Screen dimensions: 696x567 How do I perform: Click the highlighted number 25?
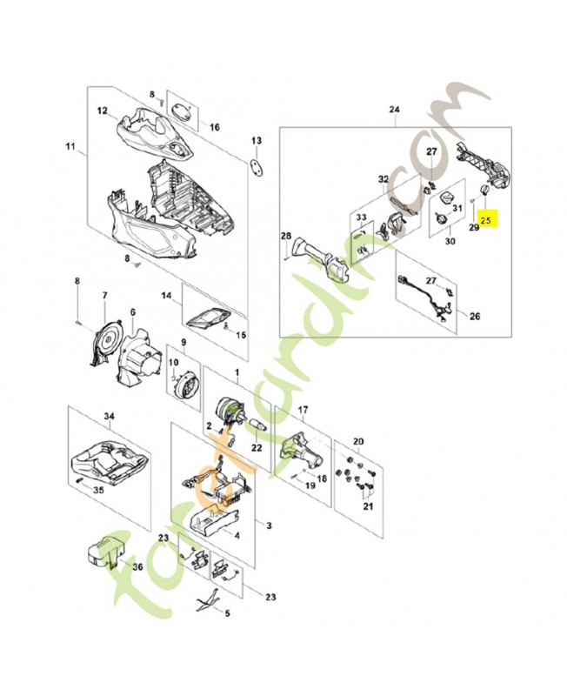[486, 221]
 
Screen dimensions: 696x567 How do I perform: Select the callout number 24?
[393, 110]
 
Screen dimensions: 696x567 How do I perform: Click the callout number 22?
[256, 447]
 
